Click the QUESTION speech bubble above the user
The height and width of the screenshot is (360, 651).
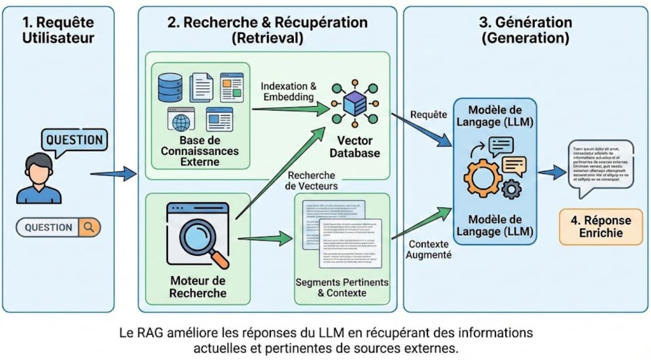(74, 140)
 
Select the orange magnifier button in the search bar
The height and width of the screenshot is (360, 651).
(89, 227)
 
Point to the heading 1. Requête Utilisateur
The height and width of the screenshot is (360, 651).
(58, 30)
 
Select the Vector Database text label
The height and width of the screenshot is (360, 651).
(355, 147)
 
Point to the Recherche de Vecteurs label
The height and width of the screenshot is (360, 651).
(312, 181)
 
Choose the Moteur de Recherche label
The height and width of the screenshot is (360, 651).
(198, 287)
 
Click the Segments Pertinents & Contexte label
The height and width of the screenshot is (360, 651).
(342, 288)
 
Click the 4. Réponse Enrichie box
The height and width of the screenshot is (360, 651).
(601, 226)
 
